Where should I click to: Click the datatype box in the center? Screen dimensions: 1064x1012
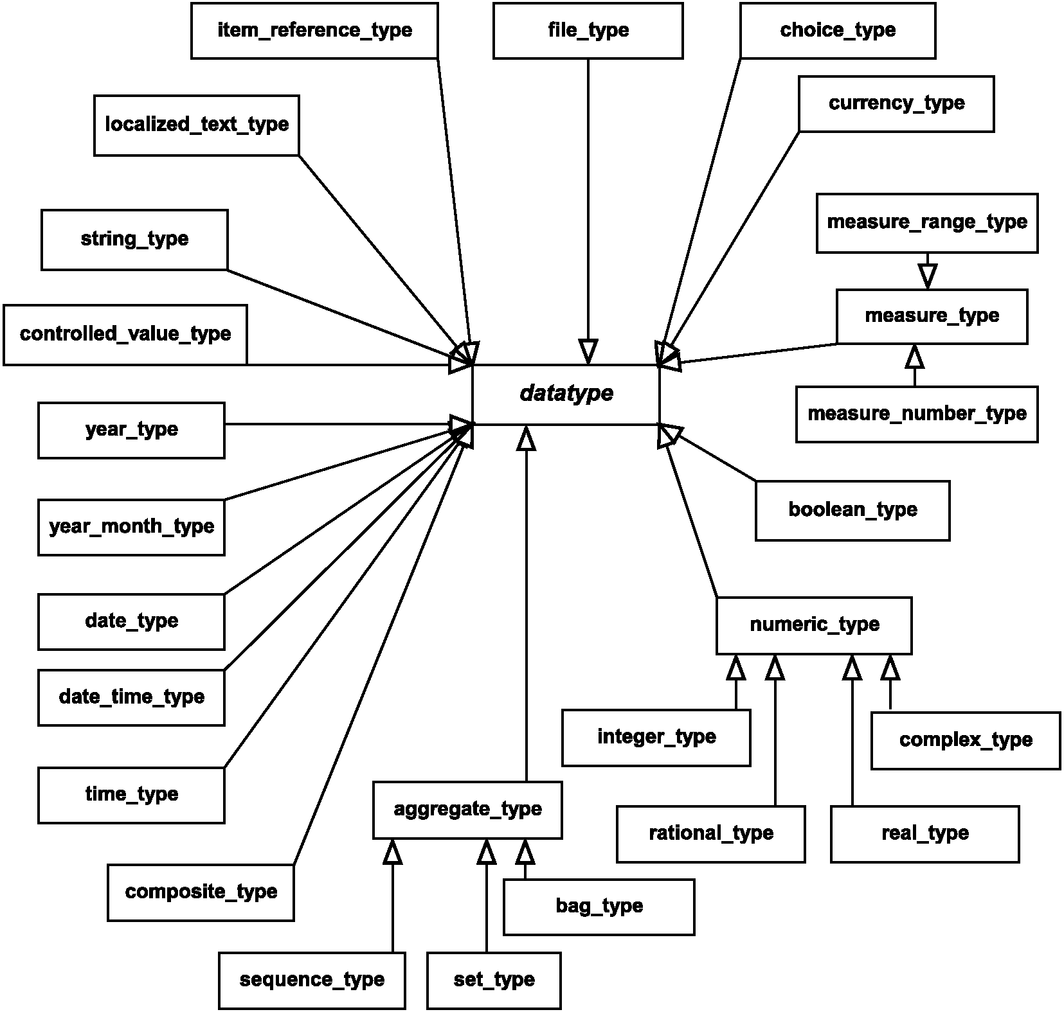(x=566, y=395)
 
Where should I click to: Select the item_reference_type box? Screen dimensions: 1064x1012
(x=314, y=30)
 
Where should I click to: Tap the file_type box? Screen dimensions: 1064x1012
(x=588, y=30)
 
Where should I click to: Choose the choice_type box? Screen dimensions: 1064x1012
(x=838, y=30)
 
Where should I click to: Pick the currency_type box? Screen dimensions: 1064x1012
(x=896, y=103)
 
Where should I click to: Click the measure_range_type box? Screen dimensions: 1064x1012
(x=927, y=222)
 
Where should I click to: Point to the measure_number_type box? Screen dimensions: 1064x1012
(x=917, y=414)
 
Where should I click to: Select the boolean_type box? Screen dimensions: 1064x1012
(x=852, y=510)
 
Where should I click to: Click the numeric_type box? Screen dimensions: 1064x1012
(x=814, y=625)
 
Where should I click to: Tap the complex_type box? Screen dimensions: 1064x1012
(x=966, y=740)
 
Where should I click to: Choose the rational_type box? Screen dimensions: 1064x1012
(x=710, y=834)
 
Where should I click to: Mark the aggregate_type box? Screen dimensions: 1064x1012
(x=467, y=810)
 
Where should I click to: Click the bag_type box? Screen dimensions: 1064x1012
(x=599, y=907)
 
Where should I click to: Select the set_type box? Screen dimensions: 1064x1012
(x=494, y=981)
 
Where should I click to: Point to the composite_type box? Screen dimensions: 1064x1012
(x=201, y=892)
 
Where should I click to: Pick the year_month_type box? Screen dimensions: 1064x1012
(x=131, y=527)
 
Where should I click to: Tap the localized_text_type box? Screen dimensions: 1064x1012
(x=196, y=125)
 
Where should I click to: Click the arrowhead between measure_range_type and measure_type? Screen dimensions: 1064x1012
(x=927, y=276)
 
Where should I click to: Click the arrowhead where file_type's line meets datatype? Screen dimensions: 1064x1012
(x=588, y=352)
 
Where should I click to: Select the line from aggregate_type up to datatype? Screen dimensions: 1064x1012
(x=526, y=603)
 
